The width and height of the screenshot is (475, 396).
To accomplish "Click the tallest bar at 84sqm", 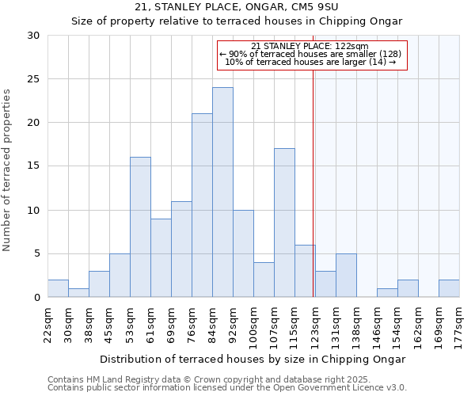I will pyautogui.click(x=222, y=192).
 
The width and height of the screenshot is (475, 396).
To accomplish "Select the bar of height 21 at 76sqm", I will pyautogui.click(x=202, y=205).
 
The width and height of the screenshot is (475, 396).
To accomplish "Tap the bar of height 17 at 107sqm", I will pyautogui.click(x=284, y=223).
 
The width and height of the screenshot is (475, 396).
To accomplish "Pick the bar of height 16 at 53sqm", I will pyautogui.click(x=140, y=227).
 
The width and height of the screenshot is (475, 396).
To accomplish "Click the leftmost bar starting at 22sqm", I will pyautogui.click(x=58, y=288).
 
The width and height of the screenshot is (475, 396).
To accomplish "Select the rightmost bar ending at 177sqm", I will pyautogui.click(x=449, y=288).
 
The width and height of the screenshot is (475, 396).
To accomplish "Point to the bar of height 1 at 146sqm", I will pyautogui.click(x=387, y=293).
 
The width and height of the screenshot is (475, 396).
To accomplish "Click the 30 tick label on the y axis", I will pyautogui.click(x=33, y=36).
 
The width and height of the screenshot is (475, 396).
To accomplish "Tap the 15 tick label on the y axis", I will pyautogui.click(x=33, y=166).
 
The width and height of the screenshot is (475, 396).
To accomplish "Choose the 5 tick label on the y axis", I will pyautogui.click(x=36, y=253).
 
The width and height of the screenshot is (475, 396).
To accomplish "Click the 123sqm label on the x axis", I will pyautogui.click(x=315, y=324).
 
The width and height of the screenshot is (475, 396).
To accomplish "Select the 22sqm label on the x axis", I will pyautogui.click(x=47, y=324).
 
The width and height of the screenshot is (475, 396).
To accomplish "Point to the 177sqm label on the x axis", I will pyautogui.click(x=459, y=324).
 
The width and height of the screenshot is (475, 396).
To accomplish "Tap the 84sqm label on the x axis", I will pyautogui.click(x=212, y=324).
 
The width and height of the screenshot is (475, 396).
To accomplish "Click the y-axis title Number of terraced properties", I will pyautogui.click(x=7, y=170).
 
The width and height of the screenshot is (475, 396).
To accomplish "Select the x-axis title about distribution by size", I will pyautogui.click(x=253, y=359).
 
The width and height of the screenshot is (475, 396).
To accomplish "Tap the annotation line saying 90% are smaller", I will pyautogui.click(x=311, y=54).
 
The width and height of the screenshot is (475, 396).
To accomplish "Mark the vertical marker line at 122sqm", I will pyautogui.click(x=313, y=182).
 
